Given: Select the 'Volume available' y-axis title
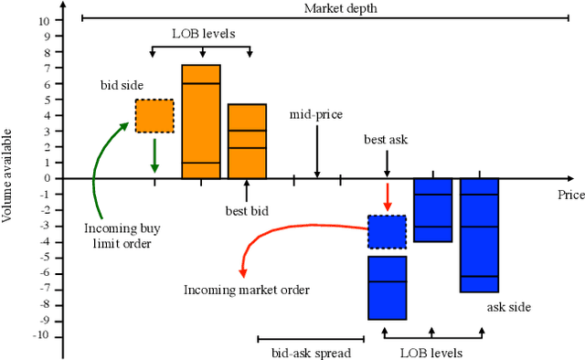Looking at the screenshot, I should pos(8,177).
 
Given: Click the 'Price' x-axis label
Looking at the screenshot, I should pos(570,195).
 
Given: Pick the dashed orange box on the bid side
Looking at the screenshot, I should pos(154,115).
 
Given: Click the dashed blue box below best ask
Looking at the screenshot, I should pos(387,232).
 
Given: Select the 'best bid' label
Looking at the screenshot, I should pos(247,211).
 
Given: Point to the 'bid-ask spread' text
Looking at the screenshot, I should pos(311,352).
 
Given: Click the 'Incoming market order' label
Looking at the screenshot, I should pos(247,290).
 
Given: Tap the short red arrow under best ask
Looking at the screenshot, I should pos(387,196).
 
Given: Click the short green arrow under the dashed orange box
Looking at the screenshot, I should pos(154,154).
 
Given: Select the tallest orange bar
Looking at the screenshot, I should pos(201,122).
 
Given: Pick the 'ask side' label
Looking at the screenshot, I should pos(509,308).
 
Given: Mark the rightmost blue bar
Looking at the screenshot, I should pos(479,235).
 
